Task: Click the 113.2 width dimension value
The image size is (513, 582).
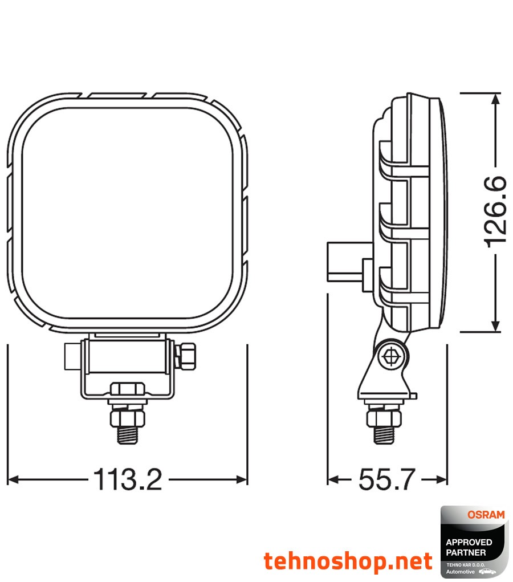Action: point(127,479)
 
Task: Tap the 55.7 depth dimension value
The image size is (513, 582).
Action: point(386,479)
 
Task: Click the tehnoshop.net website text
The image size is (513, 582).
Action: point(348,561)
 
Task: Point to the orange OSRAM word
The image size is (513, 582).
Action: point(486,515)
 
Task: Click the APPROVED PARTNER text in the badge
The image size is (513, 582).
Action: point(466,547)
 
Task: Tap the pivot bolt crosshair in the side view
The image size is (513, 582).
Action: point(392,355)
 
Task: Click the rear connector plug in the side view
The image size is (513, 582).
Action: point(342,262)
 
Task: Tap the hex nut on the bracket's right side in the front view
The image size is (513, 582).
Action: point(188,354)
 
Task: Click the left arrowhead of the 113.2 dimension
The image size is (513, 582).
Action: point(13,479)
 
